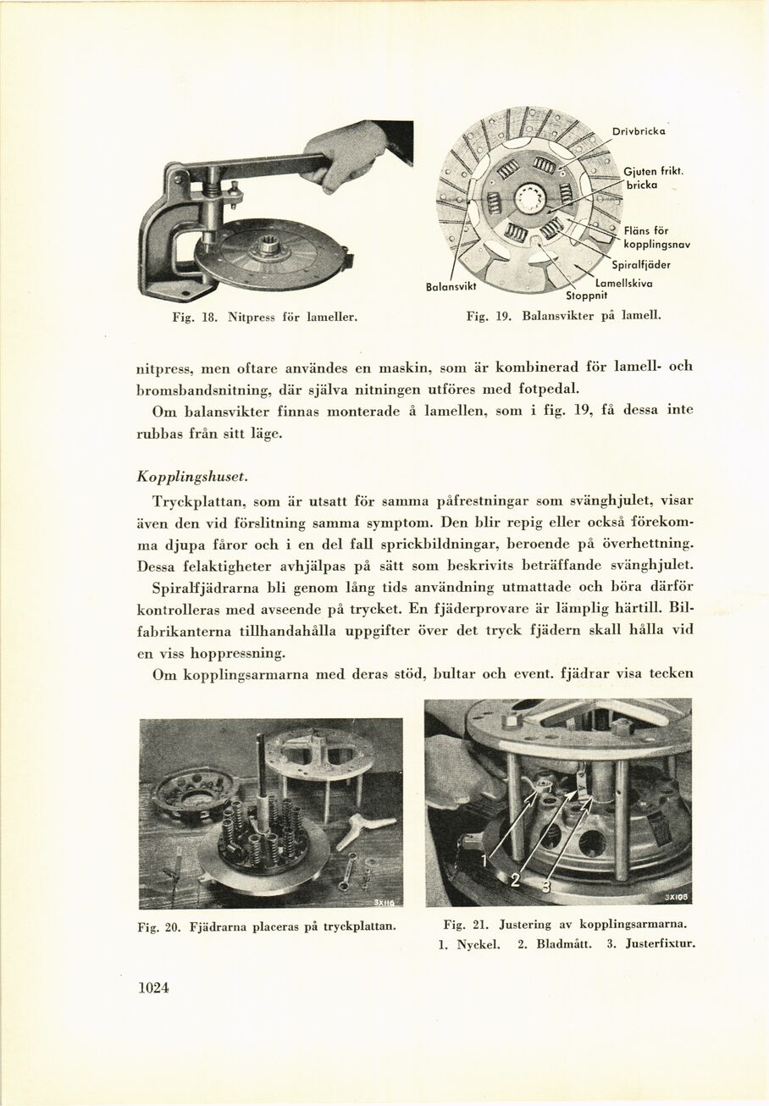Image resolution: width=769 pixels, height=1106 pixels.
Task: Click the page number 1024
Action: pos(153,987)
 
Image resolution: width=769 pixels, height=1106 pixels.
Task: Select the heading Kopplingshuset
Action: pos(185,477)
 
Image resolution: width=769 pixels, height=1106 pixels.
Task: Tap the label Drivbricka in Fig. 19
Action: pos(639,130)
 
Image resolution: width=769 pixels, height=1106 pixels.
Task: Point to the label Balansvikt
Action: pos(452,287)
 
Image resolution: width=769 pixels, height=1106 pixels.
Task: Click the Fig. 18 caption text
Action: pos(252,318)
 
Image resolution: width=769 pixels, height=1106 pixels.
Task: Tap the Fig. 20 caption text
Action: pos(267,926)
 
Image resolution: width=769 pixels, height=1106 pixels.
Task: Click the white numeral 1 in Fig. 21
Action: pos(485,860)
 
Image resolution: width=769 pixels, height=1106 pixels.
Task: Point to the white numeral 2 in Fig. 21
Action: pos(514,881)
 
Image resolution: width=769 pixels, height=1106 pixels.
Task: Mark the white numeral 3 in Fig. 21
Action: pos(545,887)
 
